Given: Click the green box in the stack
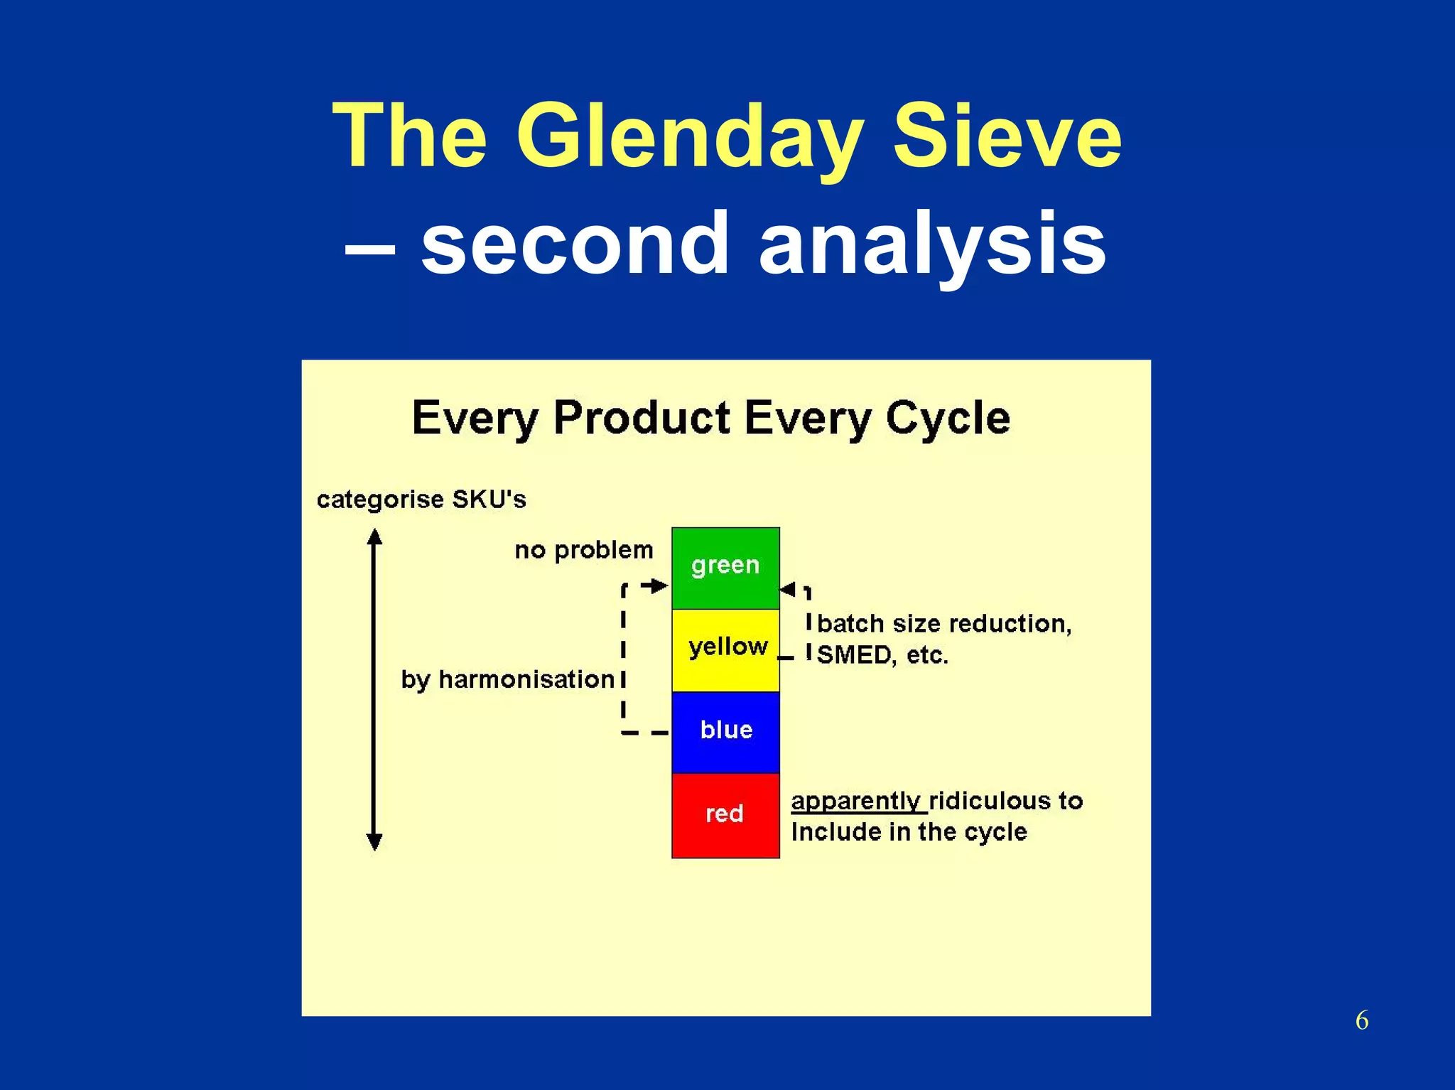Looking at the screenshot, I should [x=725, y=567].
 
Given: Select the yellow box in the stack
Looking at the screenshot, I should [x=725, y=649].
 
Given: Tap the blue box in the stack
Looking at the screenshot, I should [x=725, y=731].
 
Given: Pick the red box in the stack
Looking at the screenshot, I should [x=725, y=814].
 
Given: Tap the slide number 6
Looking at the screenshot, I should [x=1361, y=1020].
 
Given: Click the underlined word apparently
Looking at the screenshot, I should [x=857, y=801].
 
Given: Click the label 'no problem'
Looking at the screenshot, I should [x=583, y=550].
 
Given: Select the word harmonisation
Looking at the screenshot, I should [x=526, y=679].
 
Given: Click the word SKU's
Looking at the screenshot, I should [x=489, y=499].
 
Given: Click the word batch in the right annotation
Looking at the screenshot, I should [x=850, y=624].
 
